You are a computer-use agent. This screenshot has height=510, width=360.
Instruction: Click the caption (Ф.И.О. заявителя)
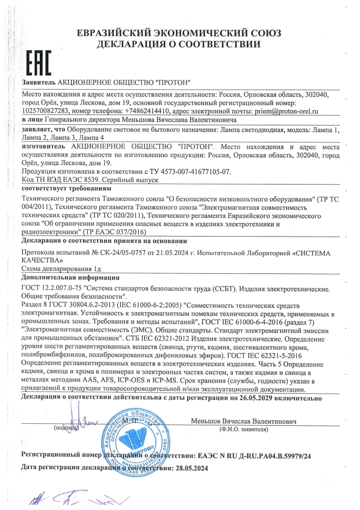[x=243, y=430]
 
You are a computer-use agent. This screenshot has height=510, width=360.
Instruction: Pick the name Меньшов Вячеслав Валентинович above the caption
[x=244, y=422]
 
